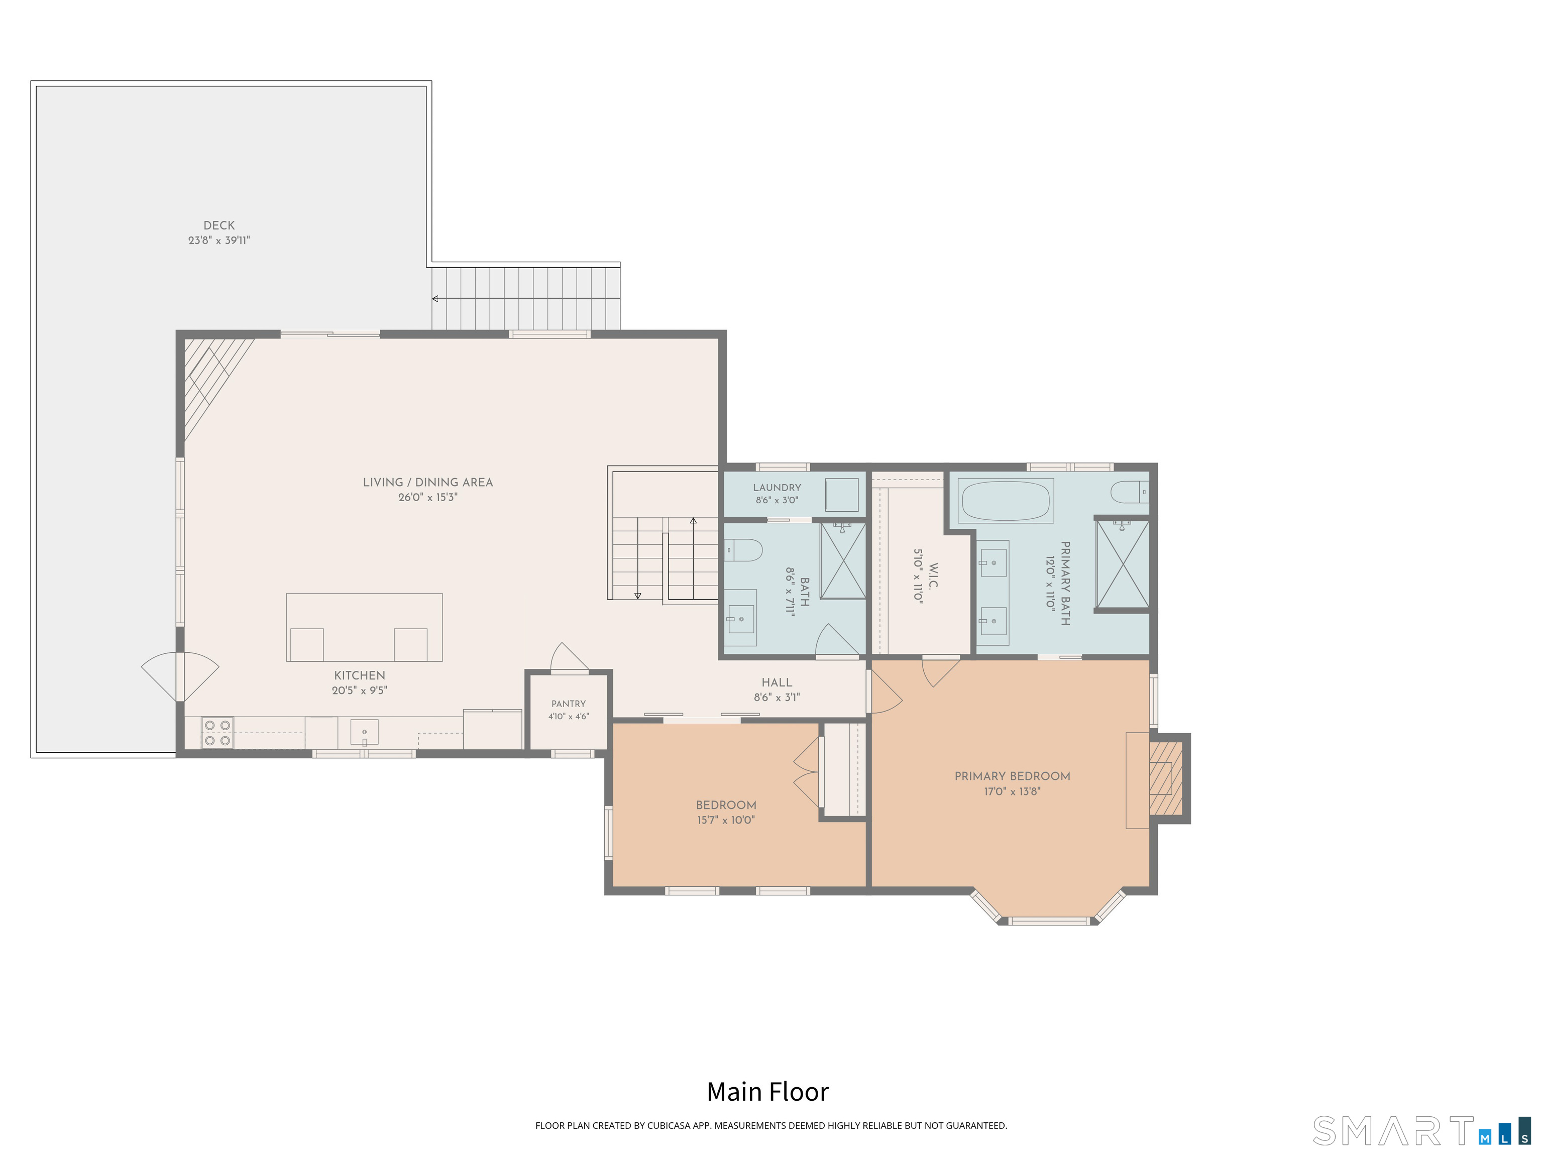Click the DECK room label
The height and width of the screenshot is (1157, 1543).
[219, 225]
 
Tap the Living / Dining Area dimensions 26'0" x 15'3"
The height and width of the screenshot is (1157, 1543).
[427, 497]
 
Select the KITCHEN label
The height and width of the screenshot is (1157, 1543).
[359, 675]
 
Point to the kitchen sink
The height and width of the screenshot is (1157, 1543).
[364, 732]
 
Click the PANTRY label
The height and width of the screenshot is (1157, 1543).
[569, 704]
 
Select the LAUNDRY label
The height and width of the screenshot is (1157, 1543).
[777, 488]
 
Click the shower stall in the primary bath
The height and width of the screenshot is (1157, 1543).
[1122, 563]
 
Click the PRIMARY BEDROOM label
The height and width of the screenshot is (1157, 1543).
[1012, 776]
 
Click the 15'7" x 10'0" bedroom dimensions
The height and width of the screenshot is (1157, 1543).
[725, 820]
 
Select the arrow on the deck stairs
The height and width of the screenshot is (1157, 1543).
[526, 298]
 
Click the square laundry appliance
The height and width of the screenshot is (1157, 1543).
[842, 495]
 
